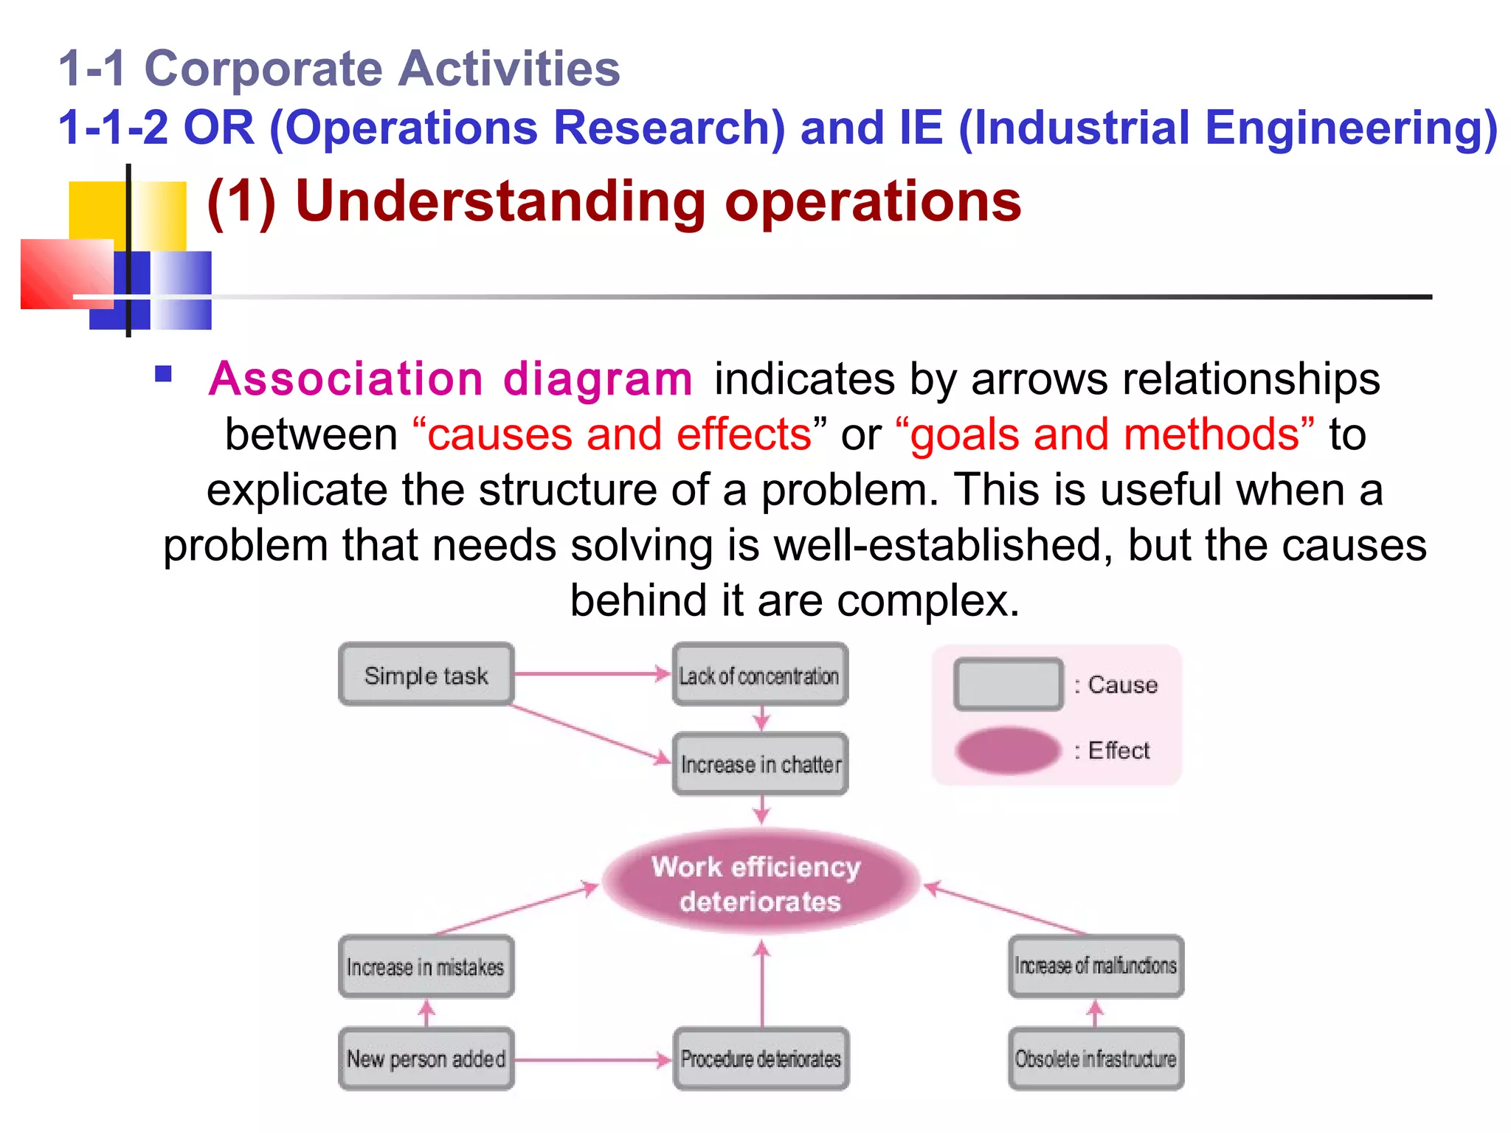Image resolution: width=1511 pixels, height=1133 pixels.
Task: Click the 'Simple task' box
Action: [426, 675]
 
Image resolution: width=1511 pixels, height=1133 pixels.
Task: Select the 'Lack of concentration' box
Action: [760, 675]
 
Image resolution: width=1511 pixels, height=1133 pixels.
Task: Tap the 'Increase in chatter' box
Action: [760, 764]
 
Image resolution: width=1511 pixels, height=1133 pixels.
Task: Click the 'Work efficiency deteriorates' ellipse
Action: [760, 883]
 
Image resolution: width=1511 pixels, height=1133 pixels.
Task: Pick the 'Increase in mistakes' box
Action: [426, 966]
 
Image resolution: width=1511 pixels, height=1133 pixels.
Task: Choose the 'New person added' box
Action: [426, 1058]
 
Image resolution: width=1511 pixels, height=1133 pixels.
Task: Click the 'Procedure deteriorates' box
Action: [761, 1058]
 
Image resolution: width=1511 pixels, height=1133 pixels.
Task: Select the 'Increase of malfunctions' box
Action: [1096, 966]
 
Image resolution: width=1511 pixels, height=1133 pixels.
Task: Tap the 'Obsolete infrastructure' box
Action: [1096, 1058]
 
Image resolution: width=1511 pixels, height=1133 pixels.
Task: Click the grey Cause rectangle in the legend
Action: [1008, 685]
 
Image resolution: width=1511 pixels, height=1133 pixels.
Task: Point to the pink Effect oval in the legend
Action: [1008, 750]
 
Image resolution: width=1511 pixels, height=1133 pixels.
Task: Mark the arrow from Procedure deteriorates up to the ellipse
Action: [762, 985]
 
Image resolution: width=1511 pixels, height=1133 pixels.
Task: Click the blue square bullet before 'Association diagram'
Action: [163, 374]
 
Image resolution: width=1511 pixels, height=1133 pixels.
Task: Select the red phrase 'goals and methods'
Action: [1104, 434]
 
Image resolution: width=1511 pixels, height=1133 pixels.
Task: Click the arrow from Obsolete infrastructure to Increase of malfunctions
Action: [1096, 1013]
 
